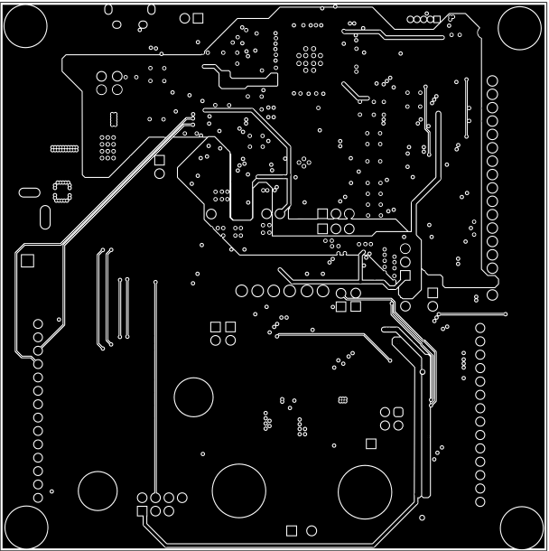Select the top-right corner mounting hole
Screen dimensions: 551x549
[520, 29]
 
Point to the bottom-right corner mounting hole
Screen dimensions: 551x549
[520, 524]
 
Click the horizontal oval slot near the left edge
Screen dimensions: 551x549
[29, 191]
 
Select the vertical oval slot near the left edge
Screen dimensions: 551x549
[45, 218]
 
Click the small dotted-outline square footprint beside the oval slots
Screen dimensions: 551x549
[62, 191]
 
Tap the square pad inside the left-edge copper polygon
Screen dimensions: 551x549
[28, 260]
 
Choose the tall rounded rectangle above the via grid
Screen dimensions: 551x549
[113, 118]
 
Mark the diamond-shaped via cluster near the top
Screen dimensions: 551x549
[310, 60]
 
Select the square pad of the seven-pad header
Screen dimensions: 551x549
[142, 512]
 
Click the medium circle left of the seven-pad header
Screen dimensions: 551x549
[98, 490]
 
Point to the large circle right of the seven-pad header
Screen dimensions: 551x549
[238, 490]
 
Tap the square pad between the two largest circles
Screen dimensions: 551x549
[292, 530]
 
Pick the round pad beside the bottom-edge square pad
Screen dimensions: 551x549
[312, 530]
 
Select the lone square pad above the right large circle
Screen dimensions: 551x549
[370, 443]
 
